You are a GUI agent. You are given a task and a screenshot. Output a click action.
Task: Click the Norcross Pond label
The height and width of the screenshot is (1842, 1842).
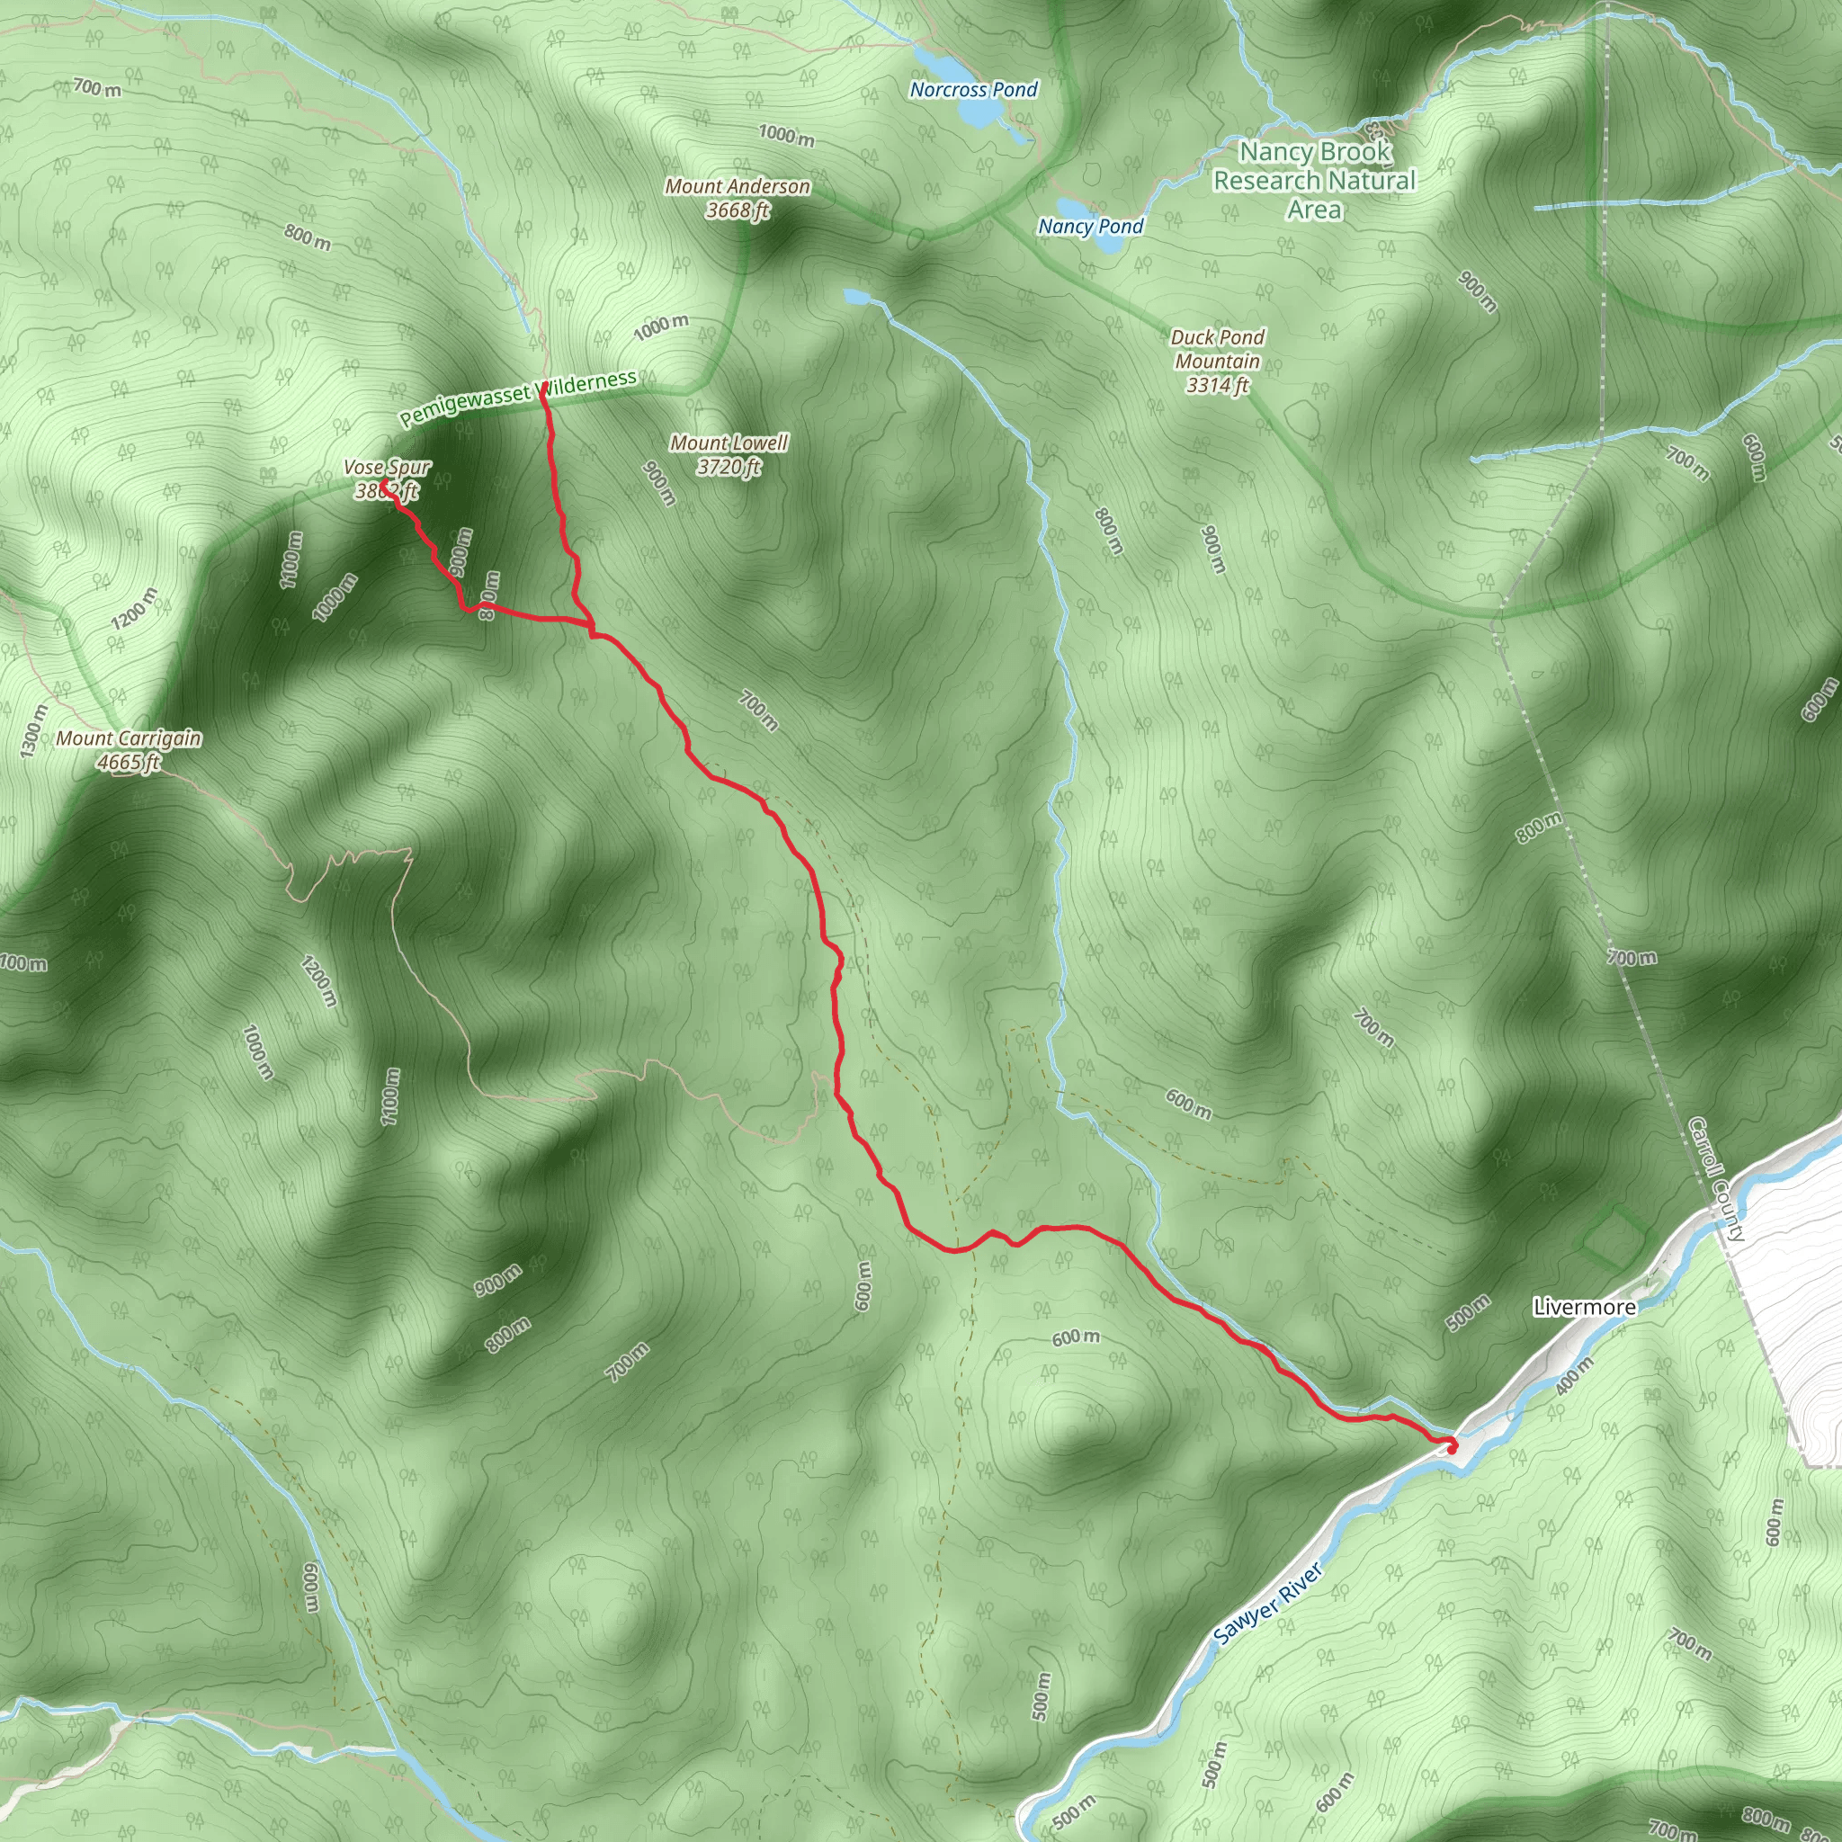click(x=973, y=90)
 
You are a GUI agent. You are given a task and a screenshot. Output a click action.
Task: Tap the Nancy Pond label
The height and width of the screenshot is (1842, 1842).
click(x=1091, y=226)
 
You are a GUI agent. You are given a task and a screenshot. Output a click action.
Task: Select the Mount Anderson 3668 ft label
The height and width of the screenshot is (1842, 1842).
click(x=738, y=198)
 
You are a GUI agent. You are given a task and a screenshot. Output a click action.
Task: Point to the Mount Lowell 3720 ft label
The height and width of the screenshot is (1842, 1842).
click(x=729, y=454)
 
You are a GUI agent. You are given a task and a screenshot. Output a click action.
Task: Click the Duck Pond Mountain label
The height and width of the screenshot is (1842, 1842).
click(x=1219, y=362)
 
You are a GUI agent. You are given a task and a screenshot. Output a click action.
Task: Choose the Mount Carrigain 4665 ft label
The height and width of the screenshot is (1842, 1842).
click(x=129, y=749)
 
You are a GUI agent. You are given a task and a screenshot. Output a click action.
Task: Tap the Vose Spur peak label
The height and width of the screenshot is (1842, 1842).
click(x=387, y=478)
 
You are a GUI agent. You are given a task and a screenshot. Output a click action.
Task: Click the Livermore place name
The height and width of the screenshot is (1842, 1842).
click(x=1585, y=1307)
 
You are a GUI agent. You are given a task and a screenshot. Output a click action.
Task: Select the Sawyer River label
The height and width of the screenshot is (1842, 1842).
click(x=1268, y=1604)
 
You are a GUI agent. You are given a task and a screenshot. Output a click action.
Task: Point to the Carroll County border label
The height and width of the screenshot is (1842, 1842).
click(x=1716, y=1178)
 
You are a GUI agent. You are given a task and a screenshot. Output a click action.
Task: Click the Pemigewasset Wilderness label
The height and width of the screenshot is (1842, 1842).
click(x=518, y=398)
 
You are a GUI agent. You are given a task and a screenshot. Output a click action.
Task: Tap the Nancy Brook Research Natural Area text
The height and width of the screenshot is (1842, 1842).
click(x=1315, y=180)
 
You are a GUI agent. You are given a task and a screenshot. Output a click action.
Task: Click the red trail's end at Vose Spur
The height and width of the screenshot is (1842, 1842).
click(x=383, y=486)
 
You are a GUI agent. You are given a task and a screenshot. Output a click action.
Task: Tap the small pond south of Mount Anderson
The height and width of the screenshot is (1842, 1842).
click(x=855, y=298)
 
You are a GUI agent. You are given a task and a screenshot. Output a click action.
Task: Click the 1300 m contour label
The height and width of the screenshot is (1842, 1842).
click(x=31, y=731)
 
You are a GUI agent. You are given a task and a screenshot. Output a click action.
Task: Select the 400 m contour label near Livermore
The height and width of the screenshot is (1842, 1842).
click(x=1574, y=1376)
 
